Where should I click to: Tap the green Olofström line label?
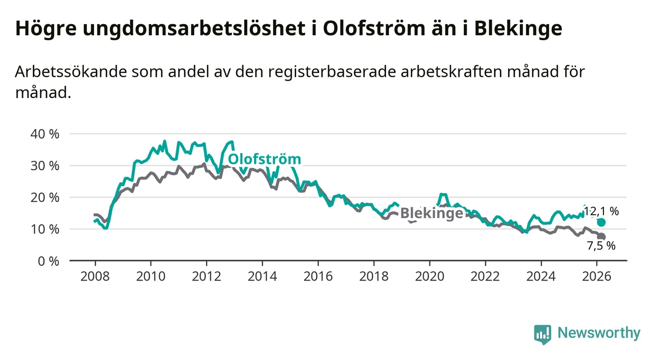click(264, 159)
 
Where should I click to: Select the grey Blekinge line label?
click(431, 213)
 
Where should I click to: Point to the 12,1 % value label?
click(601, 212)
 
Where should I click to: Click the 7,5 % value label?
click(601, 246)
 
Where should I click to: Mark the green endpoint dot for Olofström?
click(602, 223)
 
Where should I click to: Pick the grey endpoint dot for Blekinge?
click(602, 237)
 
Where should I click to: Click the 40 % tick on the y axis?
click(46, 134)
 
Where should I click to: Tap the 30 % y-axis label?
click(46, 166)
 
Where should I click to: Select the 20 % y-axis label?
click(46, 198)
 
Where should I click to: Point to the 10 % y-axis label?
click(46, 229)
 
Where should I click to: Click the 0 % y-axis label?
click(49, 261)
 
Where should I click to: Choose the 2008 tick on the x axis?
click(95, 276)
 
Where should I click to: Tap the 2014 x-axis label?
click(262, 276)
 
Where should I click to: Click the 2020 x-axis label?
click(430, 276)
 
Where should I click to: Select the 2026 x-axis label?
click(597, 276)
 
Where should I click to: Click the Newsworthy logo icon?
click(542, 334)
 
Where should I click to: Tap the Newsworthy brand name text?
click(599, 334)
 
